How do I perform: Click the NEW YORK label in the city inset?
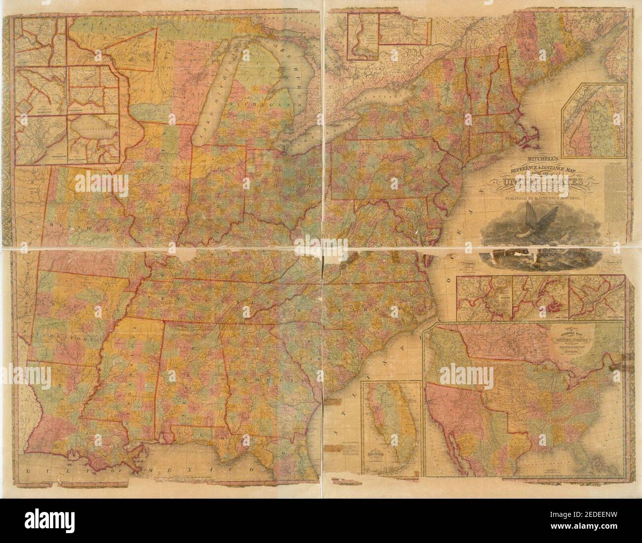point(560,318)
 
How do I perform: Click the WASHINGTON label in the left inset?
point(35,111)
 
